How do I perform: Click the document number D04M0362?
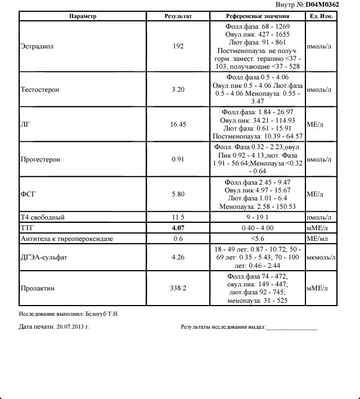point(322,5)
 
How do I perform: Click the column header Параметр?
point(83,16)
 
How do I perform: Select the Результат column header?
point(178,16)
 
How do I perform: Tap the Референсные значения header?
point(259,16)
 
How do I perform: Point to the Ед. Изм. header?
point(321,16)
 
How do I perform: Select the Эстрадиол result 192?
point(178,47)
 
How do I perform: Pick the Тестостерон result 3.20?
point(178,89)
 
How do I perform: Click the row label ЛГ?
point(25,124)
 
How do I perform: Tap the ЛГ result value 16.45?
point(178,124)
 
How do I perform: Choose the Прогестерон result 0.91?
point(178,159)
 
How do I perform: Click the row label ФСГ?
point(28,194)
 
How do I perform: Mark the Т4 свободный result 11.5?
point(178,217)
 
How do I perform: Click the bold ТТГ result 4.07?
point(178,228)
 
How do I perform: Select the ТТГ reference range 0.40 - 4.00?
point(259,228)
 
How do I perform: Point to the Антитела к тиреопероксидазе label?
point(66,239)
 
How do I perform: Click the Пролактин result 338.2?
point(178,288)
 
